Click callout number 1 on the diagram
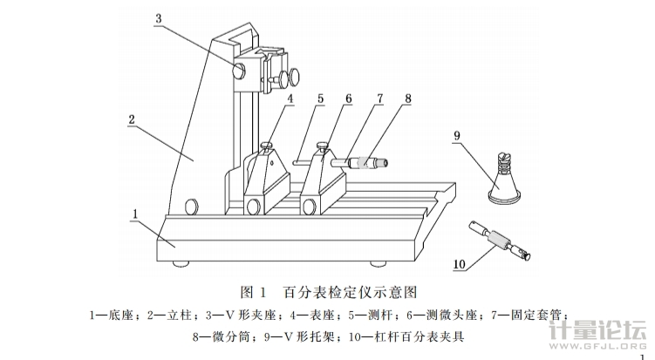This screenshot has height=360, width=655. pyautogui.click(x=136, y=212)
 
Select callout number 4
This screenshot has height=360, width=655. pyautogui.click(x=290, y=98)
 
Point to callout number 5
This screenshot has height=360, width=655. pyautogui.click(x=321, y=98)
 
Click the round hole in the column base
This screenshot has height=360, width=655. pyautogui.click(x=190, y=207)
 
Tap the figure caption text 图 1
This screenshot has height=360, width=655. pyautogui.click(x=251, y=289)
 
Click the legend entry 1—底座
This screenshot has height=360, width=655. pyautogui.click(x=111, y=312)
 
